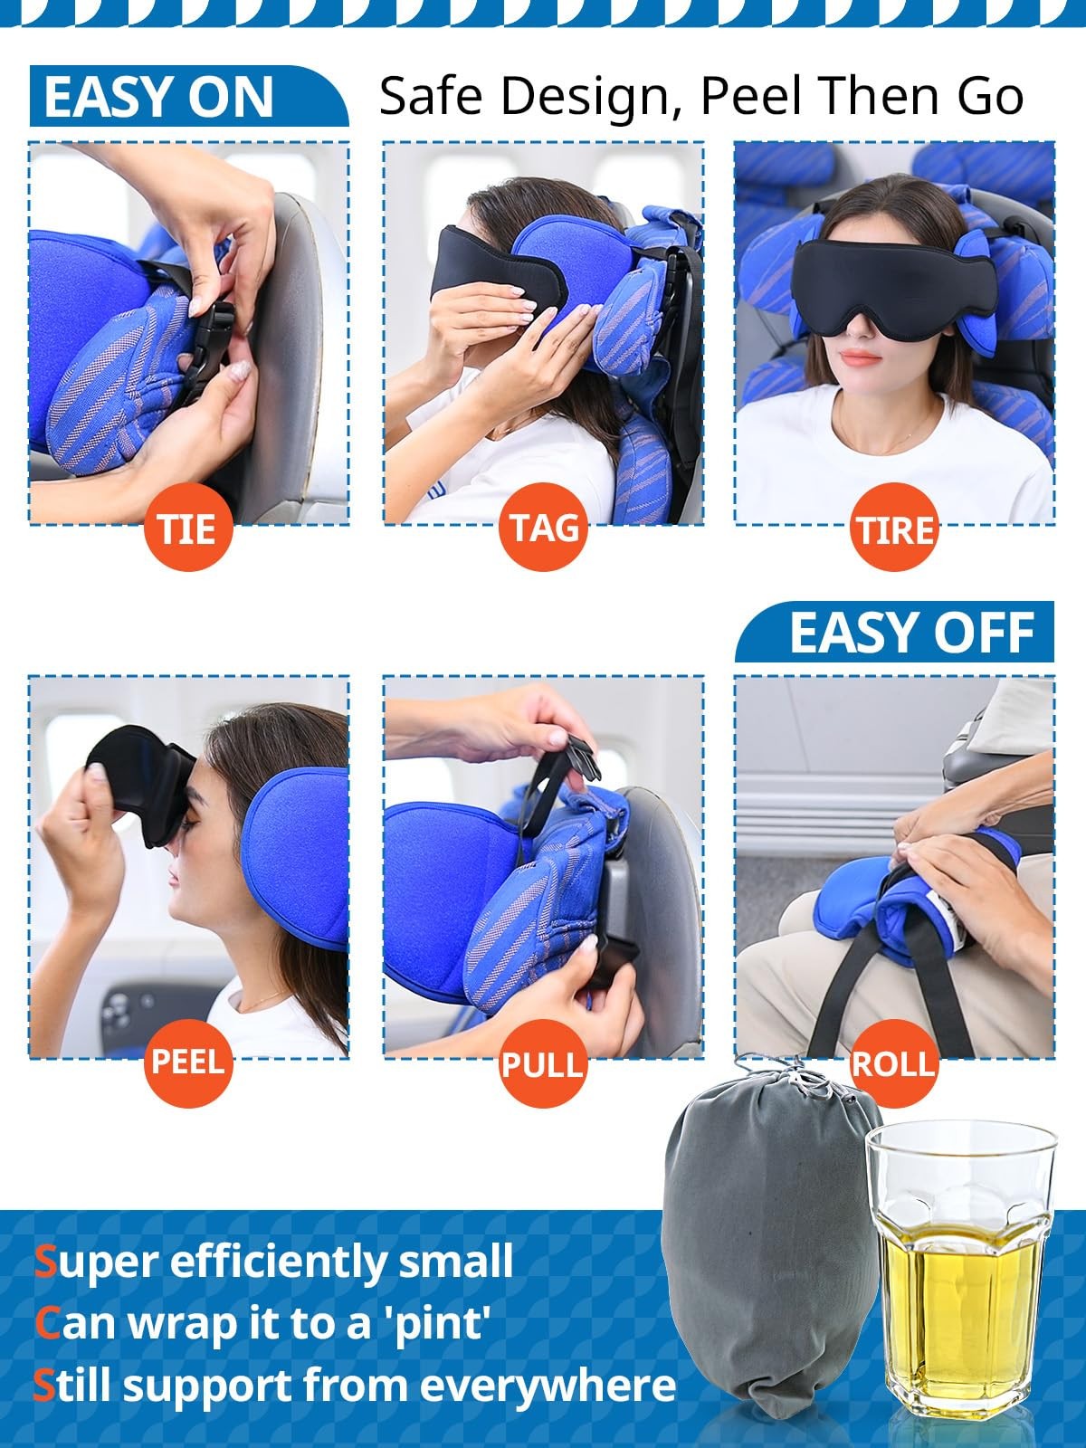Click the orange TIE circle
click(x=188, y=527)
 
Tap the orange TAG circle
click(x=544, y=527)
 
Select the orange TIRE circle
click(x=895, y=527)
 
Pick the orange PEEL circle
click(x=188, y=1061)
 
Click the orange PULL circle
click(x=544, y=1062)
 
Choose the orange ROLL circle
click(x=893, y=1062)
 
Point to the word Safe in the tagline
click(x=432, y=95)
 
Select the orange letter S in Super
click(x=45, y=1262)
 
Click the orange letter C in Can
click(x=47, y=1323)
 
